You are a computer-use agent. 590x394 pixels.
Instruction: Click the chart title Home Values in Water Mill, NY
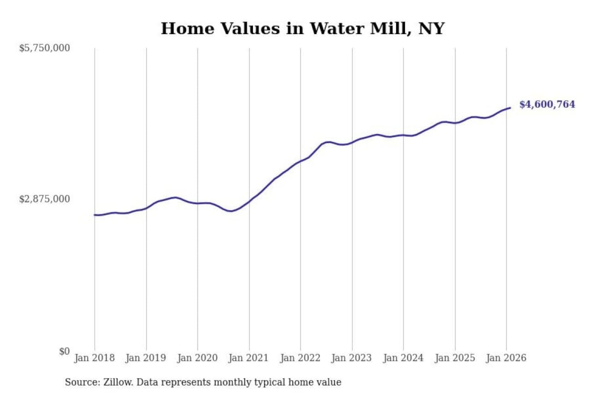[302, 28]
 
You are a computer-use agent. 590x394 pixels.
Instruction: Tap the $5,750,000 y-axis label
[45, 48]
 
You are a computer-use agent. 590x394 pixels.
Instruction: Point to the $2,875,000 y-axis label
[45, 199]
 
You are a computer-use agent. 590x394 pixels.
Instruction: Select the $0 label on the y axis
[64, 351]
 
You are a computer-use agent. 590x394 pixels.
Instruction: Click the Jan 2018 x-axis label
[95, 358]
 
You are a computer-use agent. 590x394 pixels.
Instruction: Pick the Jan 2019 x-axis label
[146, 358]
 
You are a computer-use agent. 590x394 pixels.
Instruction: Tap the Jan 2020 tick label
[197, 358]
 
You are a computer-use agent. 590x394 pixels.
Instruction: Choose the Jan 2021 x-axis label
[249, 358]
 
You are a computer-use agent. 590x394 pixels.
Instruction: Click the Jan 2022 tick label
[300, 358]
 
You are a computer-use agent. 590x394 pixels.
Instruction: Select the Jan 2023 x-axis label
[352, 358]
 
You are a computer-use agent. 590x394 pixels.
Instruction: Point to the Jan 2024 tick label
[403, 358]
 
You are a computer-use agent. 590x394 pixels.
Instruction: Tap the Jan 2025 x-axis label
[455, 358]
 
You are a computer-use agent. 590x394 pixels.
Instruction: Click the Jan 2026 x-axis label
[506, 358]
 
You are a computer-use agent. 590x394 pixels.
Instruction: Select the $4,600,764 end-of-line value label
[547, 104]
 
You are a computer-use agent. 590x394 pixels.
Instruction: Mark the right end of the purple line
[510, 108]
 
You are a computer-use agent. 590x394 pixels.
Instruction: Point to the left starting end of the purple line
[95, 215]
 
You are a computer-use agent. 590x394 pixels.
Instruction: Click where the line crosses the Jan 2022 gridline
[300, 161]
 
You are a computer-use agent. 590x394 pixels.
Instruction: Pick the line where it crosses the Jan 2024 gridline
[403, 135]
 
